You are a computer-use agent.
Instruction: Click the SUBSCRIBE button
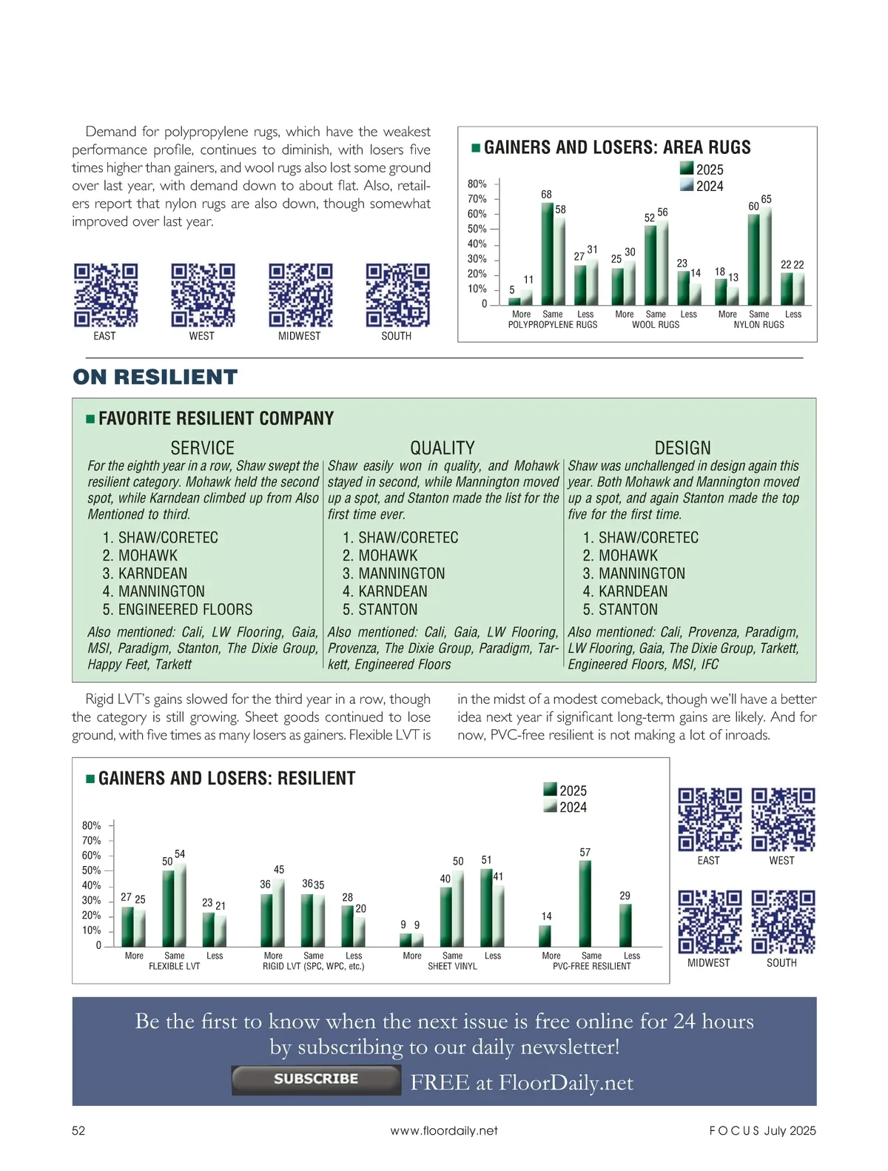tap(316, 1080)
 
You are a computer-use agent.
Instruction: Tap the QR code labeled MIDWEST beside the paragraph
tap(300, 295)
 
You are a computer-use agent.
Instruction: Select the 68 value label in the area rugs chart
tap(546, 195)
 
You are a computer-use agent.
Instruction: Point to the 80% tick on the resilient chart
tap(92, 825)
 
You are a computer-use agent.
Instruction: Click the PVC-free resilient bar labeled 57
tap(585, 903)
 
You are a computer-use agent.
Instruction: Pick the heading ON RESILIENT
tap(155, 378)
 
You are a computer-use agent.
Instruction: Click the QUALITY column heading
tap(443, 448)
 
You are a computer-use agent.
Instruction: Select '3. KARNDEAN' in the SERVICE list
tap(145, 574)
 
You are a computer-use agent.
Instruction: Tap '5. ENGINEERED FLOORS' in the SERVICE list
tap(178, 610)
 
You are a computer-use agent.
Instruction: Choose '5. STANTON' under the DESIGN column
tap(620, 610)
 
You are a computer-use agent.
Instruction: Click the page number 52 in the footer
tap(78, 1130)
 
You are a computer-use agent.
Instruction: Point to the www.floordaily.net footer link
tap(444, 1130)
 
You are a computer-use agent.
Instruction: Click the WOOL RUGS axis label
tap(656, 325)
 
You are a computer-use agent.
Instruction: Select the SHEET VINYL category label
tap(452, 967)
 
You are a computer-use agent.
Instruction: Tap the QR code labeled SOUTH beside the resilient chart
tap(783, 922)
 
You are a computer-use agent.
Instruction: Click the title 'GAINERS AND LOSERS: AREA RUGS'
tap(617, 147)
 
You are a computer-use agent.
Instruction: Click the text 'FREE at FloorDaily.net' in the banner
tap(522, 1083)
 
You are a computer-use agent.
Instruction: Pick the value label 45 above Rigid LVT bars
tap(279, 870)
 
